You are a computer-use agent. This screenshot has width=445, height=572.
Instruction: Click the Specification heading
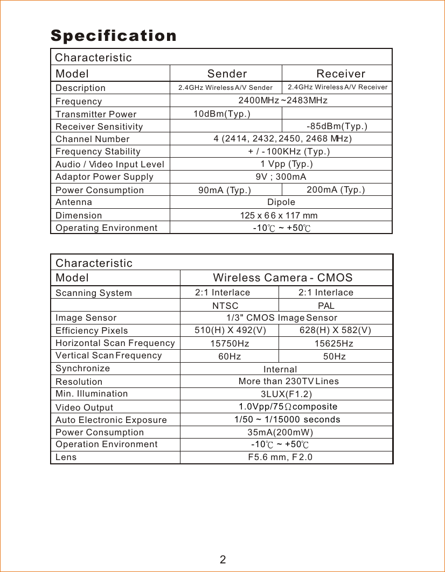(114, 36)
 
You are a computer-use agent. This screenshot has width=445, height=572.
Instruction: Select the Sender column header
(227, 74)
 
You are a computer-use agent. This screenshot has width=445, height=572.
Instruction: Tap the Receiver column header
(340, 74)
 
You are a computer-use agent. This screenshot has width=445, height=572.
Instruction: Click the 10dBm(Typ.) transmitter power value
(221, 114)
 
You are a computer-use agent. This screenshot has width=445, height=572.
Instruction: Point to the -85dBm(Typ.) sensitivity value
(337, 126)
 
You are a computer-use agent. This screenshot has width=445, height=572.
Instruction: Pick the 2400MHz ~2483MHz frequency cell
(283, 101)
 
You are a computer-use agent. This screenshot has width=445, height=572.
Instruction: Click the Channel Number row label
(93, 139)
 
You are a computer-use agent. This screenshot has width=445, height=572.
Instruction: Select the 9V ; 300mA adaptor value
(281, 176)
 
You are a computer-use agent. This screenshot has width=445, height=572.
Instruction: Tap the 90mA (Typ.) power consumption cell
(225, 190)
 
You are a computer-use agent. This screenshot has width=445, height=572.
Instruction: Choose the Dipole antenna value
(281, 202)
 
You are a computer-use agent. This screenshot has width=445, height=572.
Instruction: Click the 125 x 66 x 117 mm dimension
(279, 215)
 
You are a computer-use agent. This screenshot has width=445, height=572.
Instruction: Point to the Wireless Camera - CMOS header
(283, 278)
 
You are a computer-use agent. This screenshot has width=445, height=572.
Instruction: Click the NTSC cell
(225, 306)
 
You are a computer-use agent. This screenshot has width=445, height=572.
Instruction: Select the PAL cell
(326, 306)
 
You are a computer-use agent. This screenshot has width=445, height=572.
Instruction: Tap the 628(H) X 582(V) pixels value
(335, 330)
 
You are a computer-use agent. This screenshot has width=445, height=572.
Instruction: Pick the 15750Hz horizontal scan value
(230, 343)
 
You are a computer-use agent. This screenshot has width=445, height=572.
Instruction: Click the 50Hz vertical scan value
(334, 356)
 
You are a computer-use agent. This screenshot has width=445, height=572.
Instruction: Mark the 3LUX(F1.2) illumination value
(286, 394)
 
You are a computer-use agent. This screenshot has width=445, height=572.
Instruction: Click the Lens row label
(66, 457)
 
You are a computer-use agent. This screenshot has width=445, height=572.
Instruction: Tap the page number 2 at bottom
(222, 559)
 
